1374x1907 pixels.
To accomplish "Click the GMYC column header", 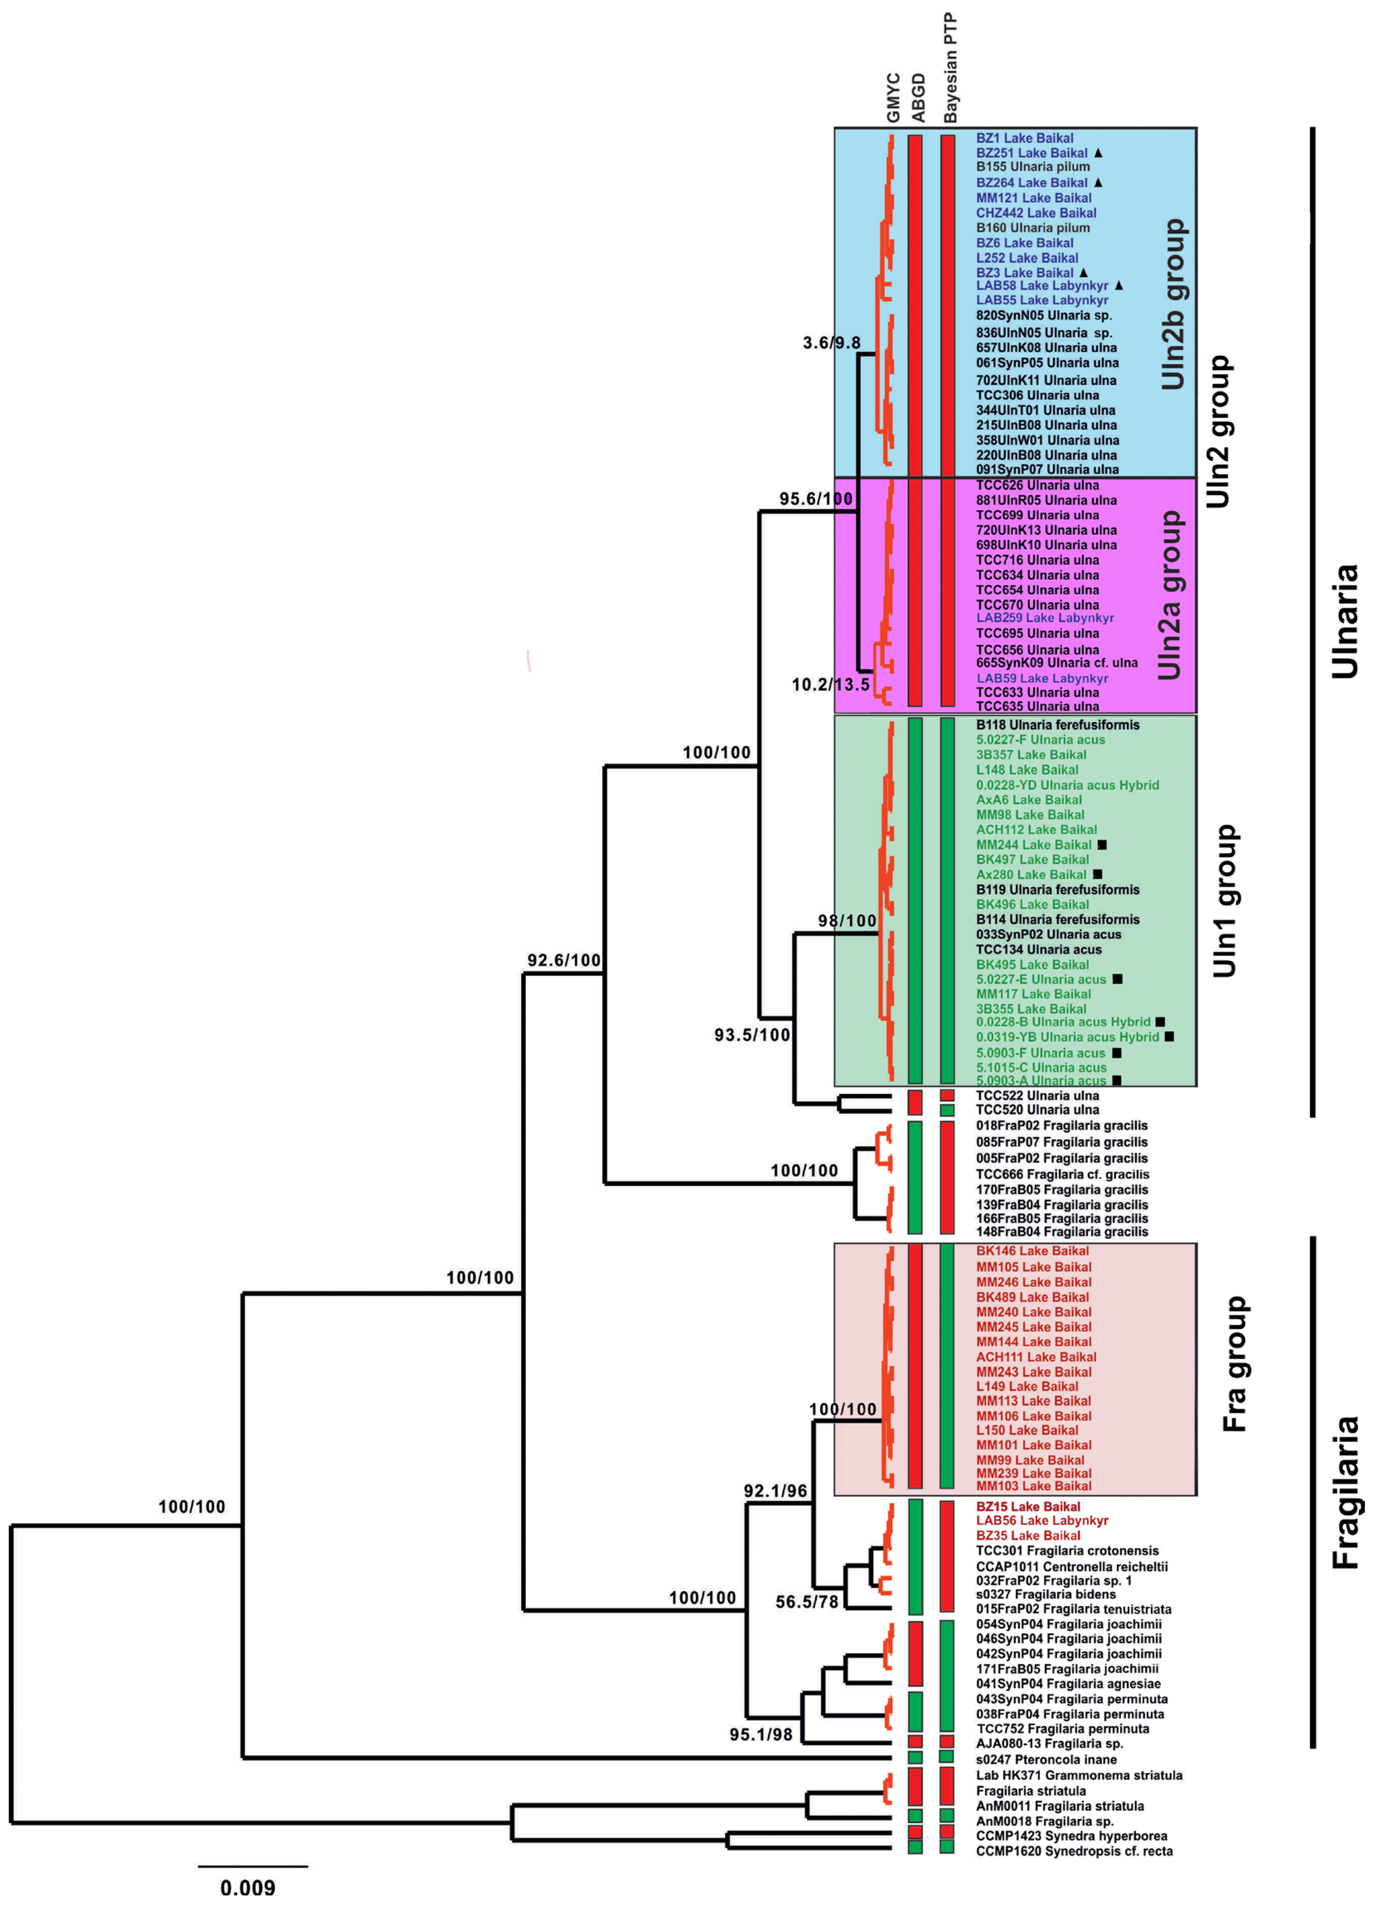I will pyautogui.click(x=893, y=98).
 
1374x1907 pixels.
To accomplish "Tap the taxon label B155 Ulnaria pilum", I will pyautogui.click(x=1032, y=167).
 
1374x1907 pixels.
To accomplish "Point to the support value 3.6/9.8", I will pyautogui.click(x=831, y=343).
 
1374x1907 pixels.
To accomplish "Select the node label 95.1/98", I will pyautogui.click(x=761, y=1734).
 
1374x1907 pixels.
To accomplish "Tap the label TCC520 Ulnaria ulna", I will pyautogui.click(x=1037, y=1110).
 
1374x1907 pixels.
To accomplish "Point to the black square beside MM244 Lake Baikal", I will pyautogui.click(x=1102, y=844).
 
